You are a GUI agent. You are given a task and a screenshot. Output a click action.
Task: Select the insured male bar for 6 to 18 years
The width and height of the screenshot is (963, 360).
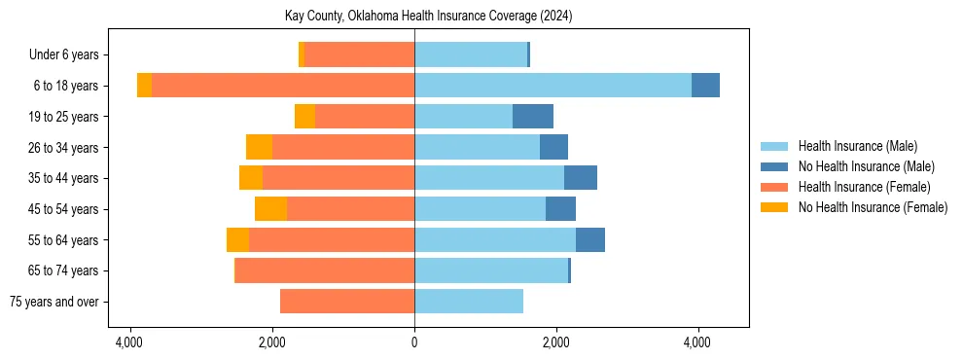pos(553,86)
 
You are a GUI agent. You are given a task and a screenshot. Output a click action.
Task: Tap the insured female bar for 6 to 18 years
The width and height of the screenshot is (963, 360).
pos(283,86)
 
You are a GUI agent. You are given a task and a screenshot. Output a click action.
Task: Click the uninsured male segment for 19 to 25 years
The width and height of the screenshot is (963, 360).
pos(533,117)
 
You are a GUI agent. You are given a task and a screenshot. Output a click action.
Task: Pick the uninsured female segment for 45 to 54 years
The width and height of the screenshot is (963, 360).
pos(270,209)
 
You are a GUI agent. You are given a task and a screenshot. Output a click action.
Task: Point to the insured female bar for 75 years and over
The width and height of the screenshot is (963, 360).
pos(347,302)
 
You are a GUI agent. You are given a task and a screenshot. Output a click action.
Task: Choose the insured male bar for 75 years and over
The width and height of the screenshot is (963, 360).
pos(469,302)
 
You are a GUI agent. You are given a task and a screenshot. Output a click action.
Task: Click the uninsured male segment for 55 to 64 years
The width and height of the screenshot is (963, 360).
pos(590,240)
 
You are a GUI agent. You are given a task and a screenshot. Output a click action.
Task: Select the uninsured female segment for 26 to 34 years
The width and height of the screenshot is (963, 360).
pos(259,148)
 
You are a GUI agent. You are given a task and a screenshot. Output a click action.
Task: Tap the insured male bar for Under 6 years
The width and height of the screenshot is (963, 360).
pos(471,54)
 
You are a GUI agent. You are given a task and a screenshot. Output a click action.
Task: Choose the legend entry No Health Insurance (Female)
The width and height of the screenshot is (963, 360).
pos(873,207)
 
